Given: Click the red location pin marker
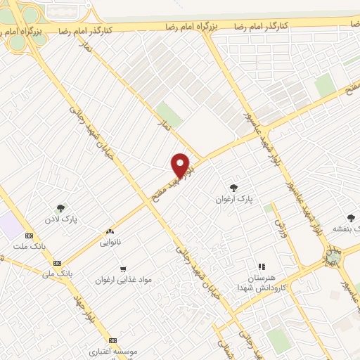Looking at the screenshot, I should (x=181, y=165).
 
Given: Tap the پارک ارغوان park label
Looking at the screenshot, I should (x=233, y=200).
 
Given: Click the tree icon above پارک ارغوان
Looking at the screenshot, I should (x=233, y=187).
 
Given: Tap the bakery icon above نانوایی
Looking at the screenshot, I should (x=109, y=231).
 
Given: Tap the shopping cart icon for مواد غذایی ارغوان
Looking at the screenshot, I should (x=123, y=269).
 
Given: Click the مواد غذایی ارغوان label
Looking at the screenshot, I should (x=124, y=280).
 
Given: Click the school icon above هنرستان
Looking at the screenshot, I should (x=261, y=266).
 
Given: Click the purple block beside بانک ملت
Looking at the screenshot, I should (x=11, y=226).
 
